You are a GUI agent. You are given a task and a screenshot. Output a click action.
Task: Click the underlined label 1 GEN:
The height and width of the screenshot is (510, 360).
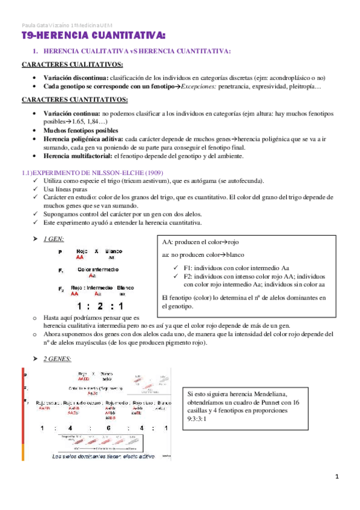click(x=53, y=239)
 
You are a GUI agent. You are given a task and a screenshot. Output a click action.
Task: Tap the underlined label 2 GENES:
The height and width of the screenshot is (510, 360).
click(x=57, y=359)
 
